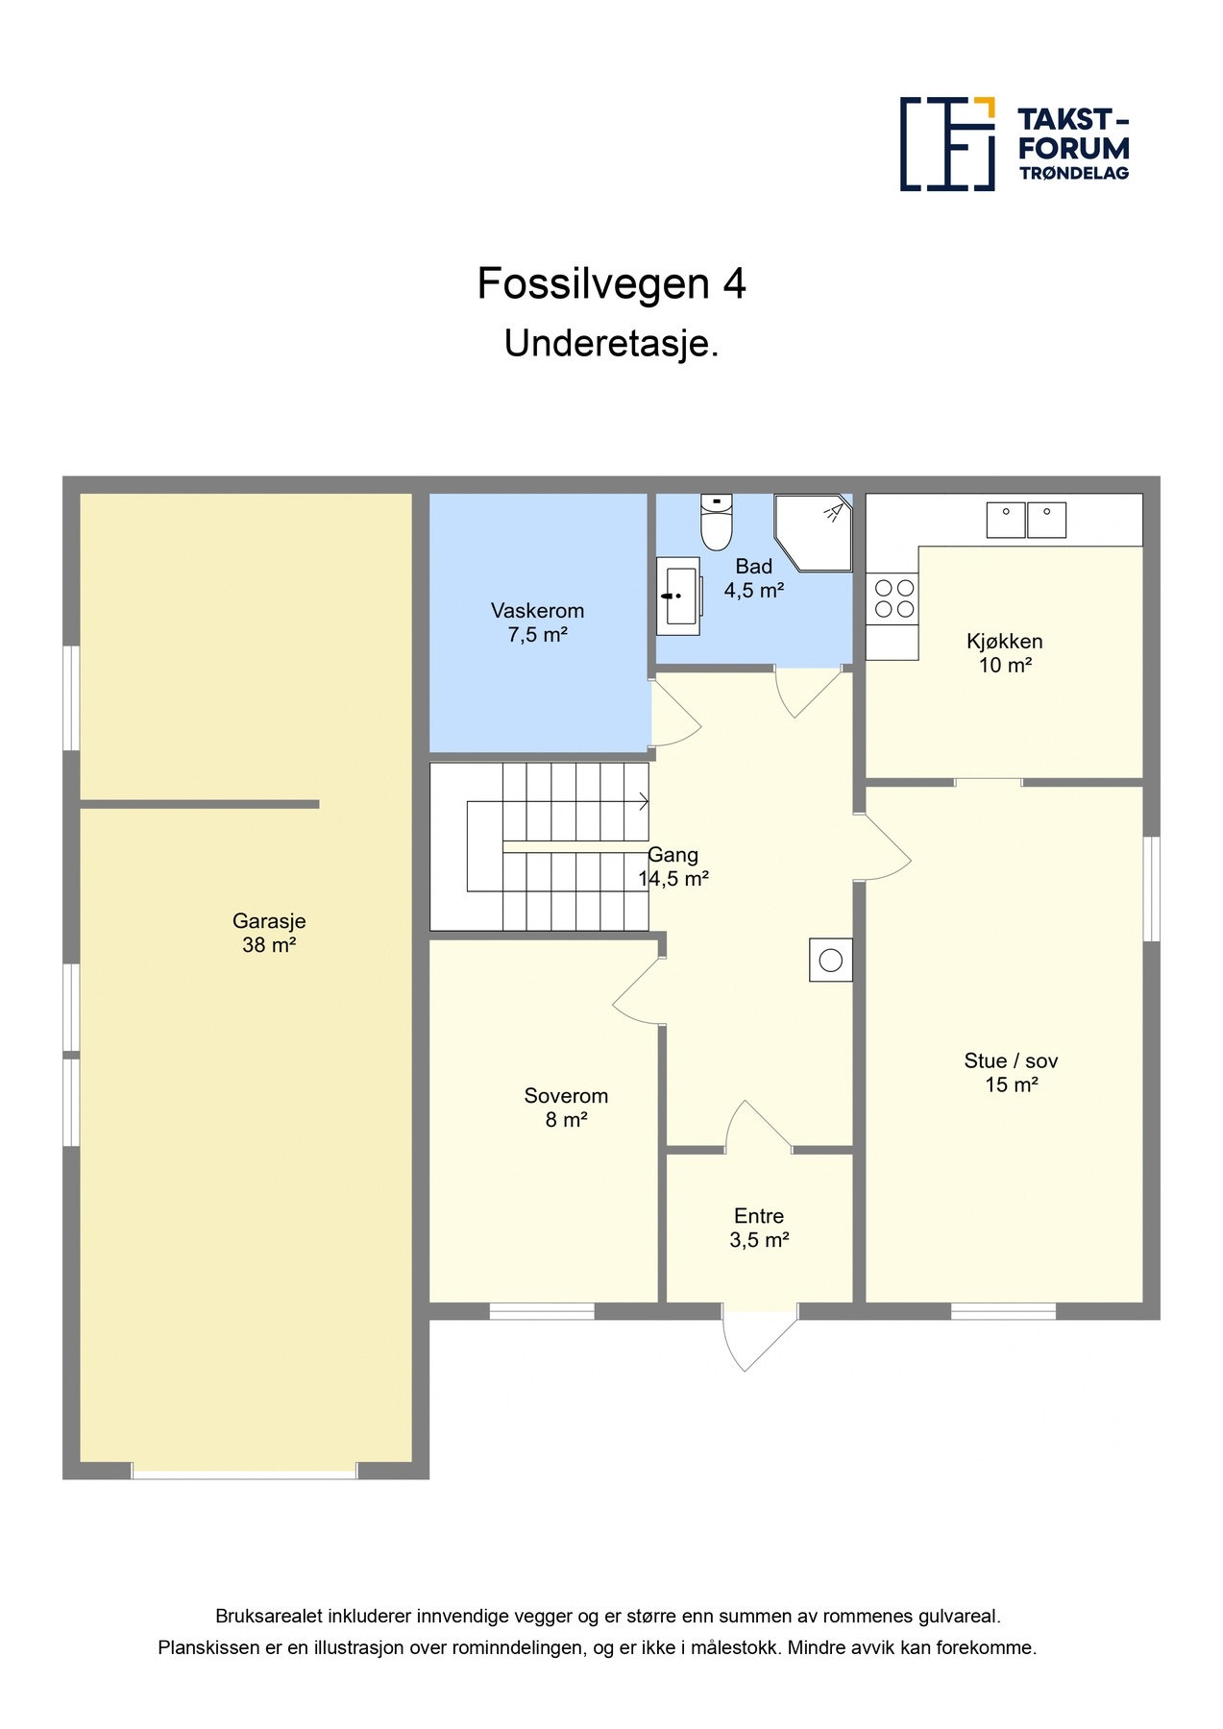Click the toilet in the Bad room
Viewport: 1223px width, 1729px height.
click(716, 522)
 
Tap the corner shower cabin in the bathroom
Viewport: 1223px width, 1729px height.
click(814, 533)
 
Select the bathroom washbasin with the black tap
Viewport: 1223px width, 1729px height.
click(678, 596)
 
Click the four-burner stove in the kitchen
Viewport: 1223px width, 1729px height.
click(893, 597)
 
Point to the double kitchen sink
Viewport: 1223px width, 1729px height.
click(1026, 520)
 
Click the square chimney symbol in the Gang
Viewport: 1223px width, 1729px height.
click(831, 960)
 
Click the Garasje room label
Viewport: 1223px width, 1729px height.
click(269, 933)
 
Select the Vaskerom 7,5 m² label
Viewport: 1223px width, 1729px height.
click(537, 622)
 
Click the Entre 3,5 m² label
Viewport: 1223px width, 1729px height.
click(759, 1228)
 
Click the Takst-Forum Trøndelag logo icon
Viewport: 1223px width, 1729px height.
click(947, 144)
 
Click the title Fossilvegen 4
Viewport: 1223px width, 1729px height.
click(612, 283)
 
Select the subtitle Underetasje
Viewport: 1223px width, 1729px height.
click(612, 344)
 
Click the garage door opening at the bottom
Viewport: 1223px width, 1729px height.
click(244, 1471)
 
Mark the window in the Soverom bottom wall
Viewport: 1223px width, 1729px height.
click(542, 1311)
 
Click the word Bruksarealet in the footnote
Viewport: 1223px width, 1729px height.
click(268, 1617)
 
